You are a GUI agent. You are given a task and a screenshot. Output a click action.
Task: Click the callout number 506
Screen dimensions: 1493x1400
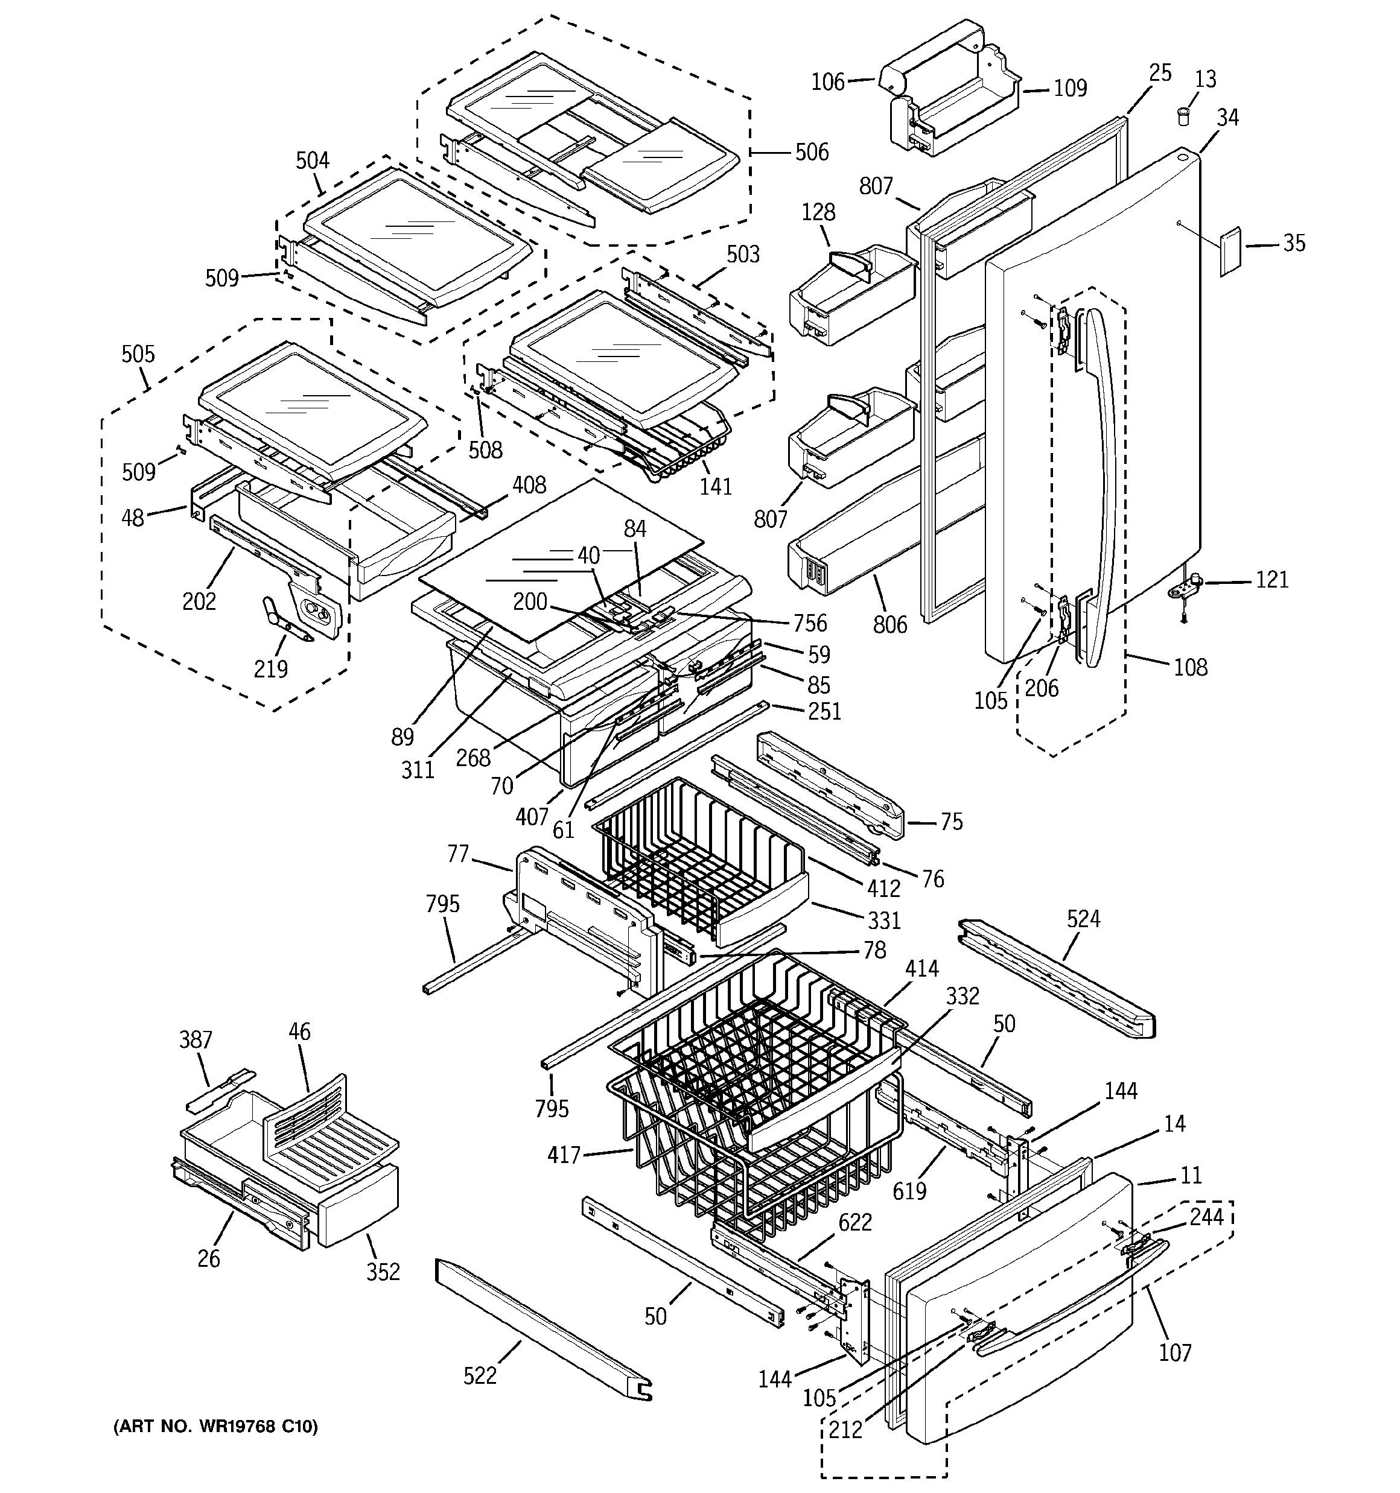812,153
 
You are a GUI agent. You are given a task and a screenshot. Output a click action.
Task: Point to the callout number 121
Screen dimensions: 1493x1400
1271,579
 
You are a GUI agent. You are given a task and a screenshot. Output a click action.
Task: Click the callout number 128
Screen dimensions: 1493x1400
818,212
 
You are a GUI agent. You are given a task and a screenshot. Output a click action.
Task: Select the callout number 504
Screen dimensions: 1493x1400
312,160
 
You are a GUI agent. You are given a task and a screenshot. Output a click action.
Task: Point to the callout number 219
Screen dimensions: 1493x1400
270,668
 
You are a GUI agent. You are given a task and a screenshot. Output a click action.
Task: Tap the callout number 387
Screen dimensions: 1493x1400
196,1040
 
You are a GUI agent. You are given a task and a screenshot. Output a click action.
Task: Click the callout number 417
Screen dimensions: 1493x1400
564,1155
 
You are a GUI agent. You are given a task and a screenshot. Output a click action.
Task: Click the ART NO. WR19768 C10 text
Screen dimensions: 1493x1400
215,1426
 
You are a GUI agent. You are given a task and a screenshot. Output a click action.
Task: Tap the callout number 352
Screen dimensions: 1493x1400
383,1272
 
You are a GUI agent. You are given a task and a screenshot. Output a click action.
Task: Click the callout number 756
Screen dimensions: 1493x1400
809,623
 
